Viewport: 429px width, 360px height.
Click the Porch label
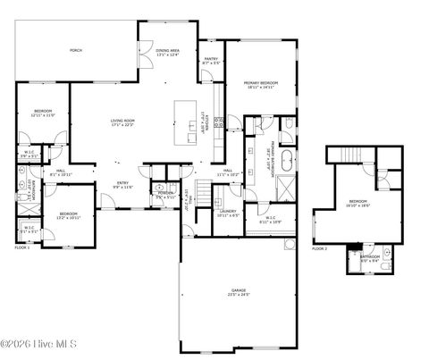pos(76,51)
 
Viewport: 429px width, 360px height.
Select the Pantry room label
pos(211,61)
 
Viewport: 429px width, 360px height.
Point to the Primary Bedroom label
pos(262,83)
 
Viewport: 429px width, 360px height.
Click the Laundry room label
pos(227,211)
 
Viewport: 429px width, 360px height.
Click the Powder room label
pos(165,193)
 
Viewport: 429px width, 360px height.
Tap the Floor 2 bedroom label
pos(357,201)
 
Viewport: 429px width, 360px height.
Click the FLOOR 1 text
pos(21,247)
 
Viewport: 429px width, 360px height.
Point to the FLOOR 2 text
pos(320,247)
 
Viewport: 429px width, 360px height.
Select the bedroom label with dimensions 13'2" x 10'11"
pos(69,213)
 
